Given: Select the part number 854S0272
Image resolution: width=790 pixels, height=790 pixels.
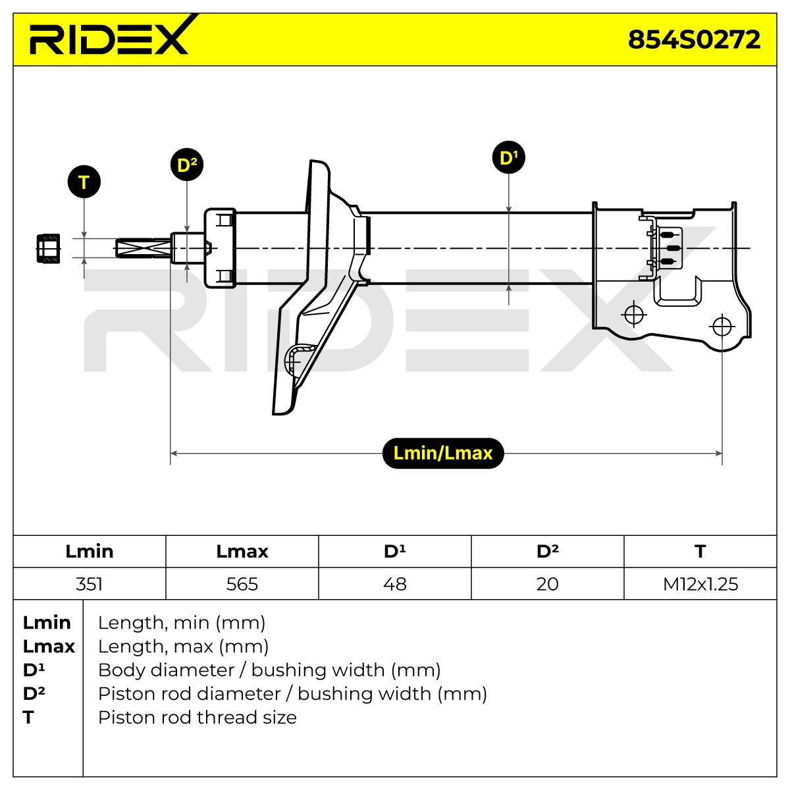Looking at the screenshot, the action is pos(694,39).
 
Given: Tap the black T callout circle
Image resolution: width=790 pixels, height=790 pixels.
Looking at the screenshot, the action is pos(84,182).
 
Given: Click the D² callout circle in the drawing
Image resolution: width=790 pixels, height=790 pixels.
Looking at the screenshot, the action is pos(187,165).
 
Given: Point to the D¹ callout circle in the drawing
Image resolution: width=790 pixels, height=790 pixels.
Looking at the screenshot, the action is pos(508,157).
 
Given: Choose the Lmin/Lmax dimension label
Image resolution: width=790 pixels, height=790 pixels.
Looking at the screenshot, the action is pos(443,453).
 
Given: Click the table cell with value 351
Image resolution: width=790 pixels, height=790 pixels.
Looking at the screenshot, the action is pos(90,583).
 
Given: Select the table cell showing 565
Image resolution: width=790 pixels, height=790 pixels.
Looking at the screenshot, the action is pos(242,583).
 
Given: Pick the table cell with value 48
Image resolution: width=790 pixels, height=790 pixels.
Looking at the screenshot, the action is pos(395,583).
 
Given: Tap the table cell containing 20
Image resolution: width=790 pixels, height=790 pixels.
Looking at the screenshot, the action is pos(547,583).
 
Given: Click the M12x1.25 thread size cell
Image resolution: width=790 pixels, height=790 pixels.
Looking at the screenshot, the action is pos(700,583).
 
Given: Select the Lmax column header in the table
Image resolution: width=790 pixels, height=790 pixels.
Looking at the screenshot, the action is pos(242,552).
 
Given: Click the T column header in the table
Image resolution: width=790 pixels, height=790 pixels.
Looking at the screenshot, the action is pos(700,552).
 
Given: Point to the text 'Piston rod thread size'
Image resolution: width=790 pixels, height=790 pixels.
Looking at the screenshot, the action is pos(197,717).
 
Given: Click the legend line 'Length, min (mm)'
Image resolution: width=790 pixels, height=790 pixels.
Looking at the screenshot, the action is pos(182,623).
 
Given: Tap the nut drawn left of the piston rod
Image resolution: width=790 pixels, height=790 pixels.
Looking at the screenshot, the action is pos(48,248).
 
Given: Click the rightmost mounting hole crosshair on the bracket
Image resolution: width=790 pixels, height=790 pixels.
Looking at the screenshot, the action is pos(722,327).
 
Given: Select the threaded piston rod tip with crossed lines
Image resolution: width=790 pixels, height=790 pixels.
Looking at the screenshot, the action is pos(143,248).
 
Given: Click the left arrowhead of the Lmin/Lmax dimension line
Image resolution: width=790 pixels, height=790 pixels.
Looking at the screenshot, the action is pos(174,453).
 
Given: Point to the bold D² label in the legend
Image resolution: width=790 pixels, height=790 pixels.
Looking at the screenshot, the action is pos(34,693).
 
